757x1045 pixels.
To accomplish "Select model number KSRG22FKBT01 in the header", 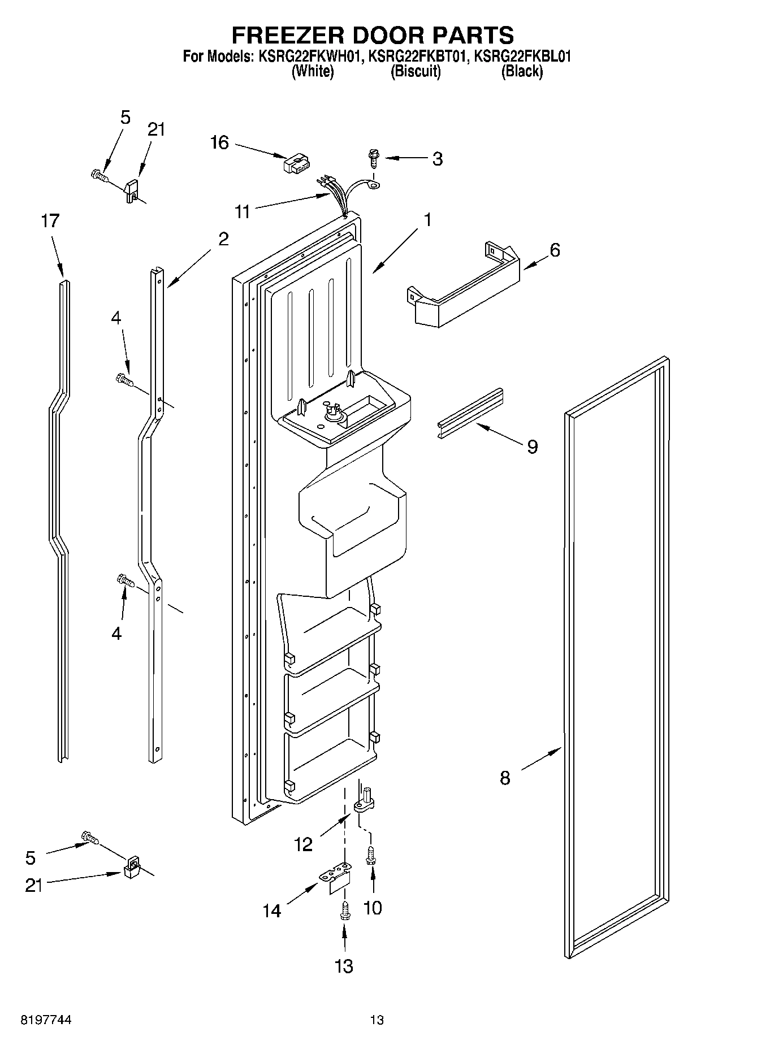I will point(417,57).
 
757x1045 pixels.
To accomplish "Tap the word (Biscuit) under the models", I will point(416,72).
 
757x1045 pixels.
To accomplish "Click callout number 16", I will point(219,142).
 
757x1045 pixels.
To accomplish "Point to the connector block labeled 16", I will point(294,166).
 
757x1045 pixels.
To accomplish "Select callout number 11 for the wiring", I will point(243,211).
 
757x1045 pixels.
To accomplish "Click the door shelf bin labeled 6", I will point(464,288).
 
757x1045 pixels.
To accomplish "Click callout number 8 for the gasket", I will point(505,778).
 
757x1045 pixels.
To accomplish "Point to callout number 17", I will point(50,220).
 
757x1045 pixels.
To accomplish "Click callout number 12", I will point(304,844).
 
